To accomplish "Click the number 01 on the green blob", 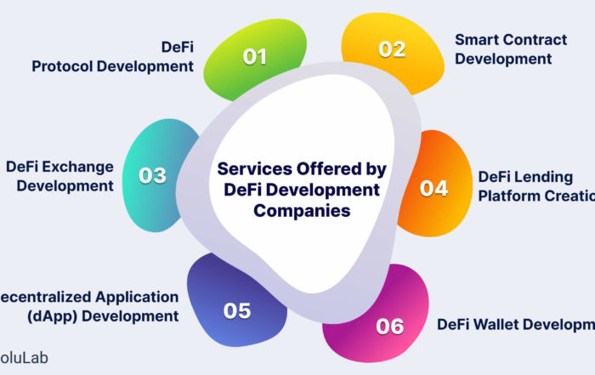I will coord(255,57).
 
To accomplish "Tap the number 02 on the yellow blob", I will coord(392,49).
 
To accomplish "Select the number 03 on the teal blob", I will coord(152,177).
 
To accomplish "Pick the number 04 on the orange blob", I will coord(433,188).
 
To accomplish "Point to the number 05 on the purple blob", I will coord(237,310).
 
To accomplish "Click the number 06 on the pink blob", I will coord(389,326).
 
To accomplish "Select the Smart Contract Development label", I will coord(504,49).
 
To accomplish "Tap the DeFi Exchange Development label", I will coord(59,176).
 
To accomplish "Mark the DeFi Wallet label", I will coord(515,324).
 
